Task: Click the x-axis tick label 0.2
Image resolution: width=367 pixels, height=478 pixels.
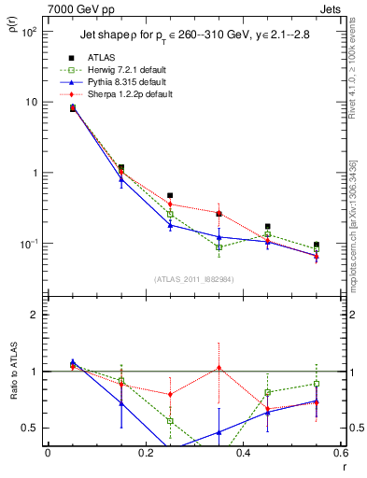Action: point(146,453)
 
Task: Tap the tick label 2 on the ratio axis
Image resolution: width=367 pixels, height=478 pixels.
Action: point(34,315)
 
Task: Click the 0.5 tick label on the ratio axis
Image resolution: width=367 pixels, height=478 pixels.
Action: point(30,428)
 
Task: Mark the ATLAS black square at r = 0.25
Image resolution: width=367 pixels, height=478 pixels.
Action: point(170,196)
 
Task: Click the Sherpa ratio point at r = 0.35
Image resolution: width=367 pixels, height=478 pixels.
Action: point(219,368)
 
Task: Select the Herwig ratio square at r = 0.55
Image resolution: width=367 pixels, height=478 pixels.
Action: point(317,384)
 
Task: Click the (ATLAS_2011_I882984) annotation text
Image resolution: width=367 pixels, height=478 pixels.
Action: point(194,279)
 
